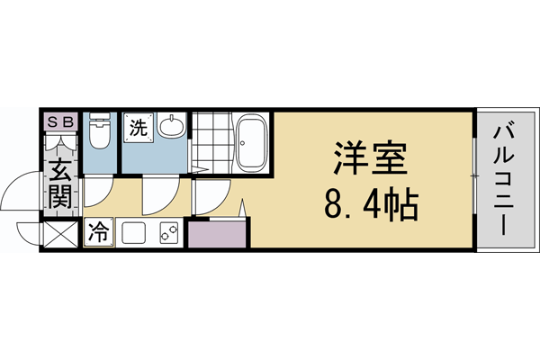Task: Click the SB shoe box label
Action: [59, 121]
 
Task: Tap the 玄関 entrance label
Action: [60, 184]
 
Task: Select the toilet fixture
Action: [100, 135]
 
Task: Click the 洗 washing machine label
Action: [138, 128]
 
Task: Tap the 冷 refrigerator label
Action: [97, 233]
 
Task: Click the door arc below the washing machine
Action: [157, 193]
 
